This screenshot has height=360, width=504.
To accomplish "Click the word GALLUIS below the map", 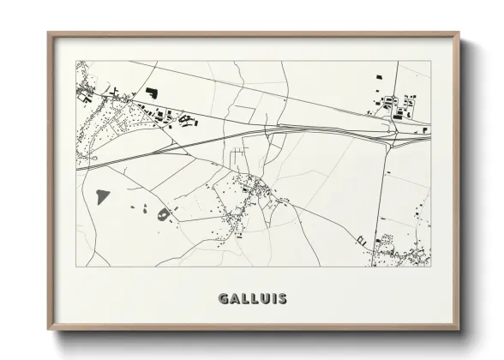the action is coord(252,299).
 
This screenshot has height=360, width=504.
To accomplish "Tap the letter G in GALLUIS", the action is coord(224,299).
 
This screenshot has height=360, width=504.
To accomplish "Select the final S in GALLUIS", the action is coord(281,299).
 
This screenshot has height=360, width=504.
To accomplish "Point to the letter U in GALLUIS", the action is coord(261,299).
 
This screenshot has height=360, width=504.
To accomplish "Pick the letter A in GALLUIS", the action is coord(234,299).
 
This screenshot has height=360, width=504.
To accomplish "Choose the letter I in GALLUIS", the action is coord(272,299).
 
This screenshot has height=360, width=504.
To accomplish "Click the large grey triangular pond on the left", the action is coord(103,196).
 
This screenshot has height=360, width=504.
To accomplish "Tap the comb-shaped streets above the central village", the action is coord(237,155).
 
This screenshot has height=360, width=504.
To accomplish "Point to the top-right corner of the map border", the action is coord(430,61).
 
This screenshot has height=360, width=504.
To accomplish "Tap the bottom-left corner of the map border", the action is coord(76,267).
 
